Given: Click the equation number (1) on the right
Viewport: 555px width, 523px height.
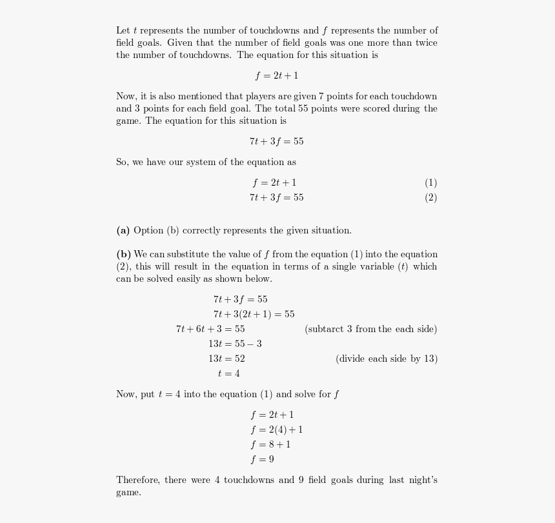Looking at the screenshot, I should coord(430,183).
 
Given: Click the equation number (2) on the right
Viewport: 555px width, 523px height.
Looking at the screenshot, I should coord(430,198).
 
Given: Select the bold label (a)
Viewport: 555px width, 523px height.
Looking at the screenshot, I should coord(123,231).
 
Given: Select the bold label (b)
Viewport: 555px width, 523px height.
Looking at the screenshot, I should coord(123,255).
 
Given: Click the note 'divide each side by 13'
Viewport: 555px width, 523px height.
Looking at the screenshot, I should coord(386,359).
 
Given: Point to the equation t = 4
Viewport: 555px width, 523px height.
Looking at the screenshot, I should coord(228,374).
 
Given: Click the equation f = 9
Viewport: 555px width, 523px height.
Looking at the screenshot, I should coord(262,460).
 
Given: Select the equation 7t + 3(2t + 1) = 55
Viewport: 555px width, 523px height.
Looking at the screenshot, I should coord(254,315).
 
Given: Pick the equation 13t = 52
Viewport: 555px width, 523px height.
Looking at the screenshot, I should coord(226,359).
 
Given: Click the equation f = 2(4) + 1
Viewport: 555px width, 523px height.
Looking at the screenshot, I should coord(276,430).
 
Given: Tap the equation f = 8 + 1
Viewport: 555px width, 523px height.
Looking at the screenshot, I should coord(270,445).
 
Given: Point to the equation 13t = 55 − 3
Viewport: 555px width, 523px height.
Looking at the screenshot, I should coord(235,344).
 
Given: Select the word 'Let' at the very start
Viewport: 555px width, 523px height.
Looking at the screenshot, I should coord(123,31).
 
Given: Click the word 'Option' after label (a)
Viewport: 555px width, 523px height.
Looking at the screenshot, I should coord(148,231).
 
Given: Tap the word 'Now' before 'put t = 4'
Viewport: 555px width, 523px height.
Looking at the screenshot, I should coord(126,395).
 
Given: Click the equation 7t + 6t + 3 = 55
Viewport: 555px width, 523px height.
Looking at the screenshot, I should coord(210,330).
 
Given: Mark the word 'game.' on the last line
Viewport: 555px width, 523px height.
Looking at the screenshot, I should coord(128,493).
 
